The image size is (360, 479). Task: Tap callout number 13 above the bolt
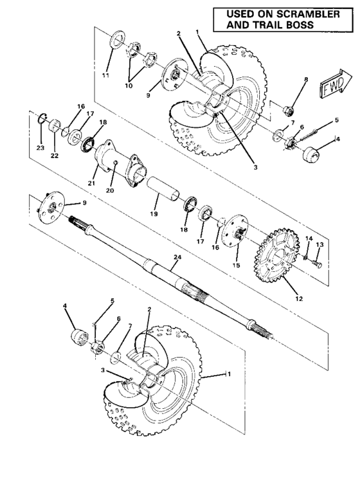pyautogui.click(x=319, y=244)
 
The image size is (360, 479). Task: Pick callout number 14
pyautogui.click(x=308, y=239)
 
